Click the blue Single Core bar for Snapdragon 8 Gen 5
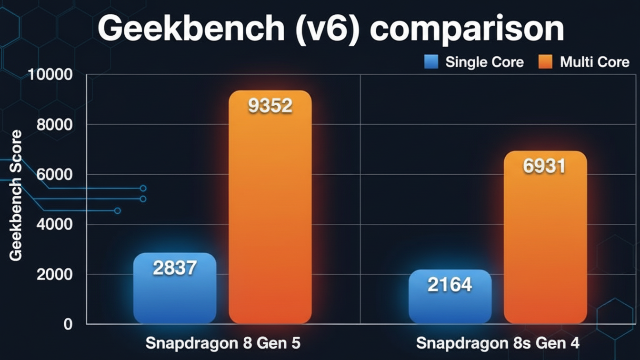click(175, 295)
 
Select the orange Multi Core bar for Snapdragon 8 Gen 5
click(270, 214)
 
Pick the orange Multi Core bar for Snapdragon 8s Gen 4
click(545, 248)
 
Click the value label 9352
click(270, 106)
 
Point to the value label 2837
click(175, 269)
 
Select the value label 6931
click(544, 166)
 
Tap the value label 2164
click(450, 285)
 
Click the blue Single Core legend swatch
click(431, 62)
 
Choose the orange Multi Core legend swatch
click(545, 62)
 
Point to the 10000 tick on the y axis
click(50, 75)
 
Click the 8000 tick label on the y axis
click(54, 125)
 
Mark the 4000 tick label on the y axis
click(54, 224)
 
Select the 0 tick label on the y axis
click(68, 324)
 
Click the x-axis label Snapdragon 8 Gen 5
click(223, 343)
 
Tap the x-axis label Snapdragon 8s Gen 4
click(498, 343)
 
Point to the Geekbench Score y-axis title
click(16, 195)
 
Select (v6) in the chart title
click(328, 30)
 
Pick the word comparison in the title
click(467, 30)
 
